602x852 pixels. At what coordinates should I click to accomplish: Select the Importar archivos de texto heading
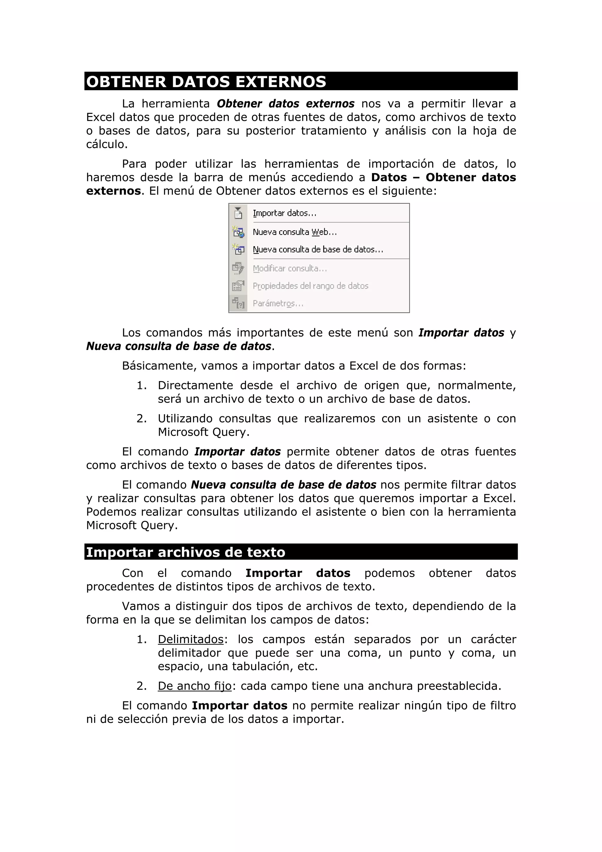point(185,552)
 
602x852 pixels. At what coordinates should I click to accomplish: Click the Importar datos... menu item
point(285,213)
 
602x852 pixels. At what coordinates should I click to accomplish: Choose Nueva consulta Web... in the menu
point(295,232)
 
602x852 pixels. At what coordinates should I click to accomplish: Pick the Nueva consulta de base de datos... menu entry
point(318,249)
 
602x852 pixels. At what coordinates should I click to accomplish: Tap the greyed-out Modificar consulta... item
point(290,268)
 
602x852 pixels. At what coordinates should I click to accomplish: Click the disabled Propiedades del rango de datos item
point(310,286)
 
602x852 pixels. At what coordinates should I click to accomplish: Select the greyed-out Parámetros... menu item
point(278,303)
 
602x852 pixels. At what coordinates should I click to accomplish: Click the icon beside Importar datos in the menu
point(238,213)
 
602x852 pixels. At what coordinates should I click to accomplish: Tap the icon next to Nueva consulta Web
point(238,232)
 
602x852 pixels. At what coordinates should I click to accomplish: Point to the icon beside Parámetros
point(238,303)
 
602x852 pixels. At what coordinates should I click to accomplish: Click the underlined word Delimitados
point(191,639)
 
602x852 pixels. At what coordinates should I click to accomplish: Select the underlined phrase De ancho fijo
point(195,686)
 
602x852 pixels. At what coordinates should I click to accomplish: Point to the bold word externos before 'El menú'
point(113,191)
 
